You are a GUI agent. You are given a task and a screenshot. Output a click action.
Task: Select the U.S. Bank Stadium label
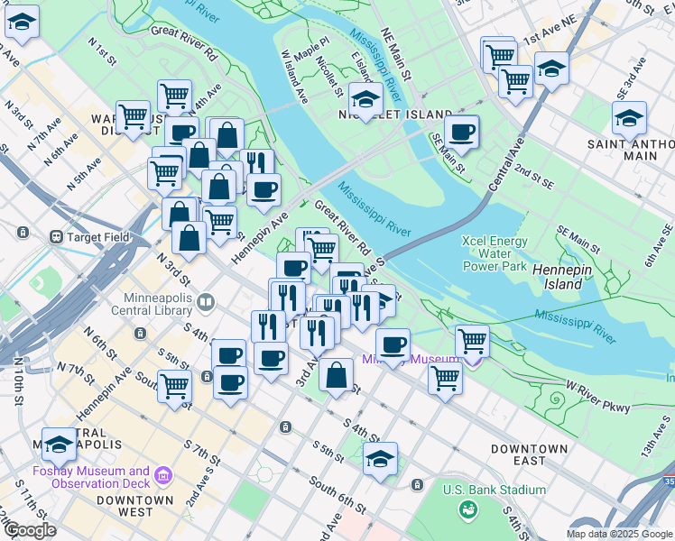coord(494,490)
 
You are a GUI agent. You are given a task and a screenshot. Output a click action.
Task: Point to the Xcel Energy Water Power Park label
coord(494,253)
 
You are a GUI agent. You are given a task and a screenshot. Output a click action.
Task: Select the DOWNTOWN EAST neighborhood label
coord(530,454)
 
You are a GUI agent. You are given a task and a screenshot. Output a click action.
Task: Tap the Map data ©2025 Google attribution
coord(618,534)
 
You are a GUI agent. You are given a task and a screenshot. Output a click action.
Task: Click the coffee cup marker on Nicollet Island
coord(461,133)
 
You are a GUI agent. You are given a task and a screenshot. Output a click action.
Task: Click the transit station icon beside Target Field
coord(58,237)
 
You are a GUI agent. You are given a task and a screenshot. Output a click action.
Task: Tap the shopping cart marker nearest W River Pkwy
coord(445,378)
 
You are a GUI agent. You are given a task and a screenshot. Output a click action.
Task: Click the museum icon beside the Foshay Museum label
coord(162,474)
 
